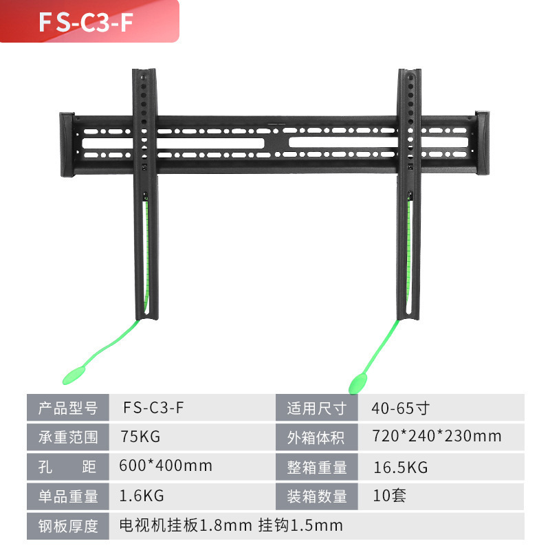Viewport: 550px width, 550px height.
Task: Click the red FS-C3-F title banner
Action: coord(89,21)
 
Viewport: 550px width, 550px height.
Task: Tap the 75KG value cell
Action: coord(140,437)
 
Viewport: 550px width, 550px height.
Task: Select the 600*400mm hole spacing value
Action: coord(165,466)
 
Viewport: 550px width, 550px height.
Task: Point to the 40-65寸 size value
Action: coord(401,407)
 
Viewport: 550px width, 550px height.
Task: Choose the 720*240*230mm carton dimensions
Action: coord(436,437)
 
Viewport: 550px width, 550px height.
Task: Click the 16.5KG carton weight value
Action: coord(401,467)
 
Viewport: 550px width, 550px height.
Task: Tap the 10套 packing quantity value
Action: coord(389,496)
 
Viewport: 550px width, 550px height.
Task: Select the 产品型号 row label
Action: coord(67,407)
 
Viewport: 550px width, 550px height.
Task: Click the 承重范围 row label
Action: coord(67,437)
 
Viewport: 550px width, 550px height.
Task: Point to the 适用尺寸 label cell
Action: coord(316,408)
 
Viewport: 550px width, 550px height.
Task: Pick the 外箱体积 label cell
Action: coord(316,437)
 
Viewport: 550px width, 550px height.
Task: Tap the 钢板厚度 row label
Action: coord(67,526)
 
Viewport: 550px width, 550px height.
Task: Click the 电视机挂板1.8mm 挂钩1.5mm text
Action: coord(230,526)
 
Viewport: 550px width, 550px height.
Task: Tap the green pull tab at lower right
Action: coord(359,382)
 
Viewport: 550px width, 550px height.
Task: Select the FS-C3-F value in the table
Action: coord(153,407)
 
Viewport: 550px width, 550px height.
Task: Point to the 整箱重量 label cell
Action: coord(316,467)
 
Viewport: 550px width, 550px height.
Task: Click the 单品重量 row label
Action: coord(67,496)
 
